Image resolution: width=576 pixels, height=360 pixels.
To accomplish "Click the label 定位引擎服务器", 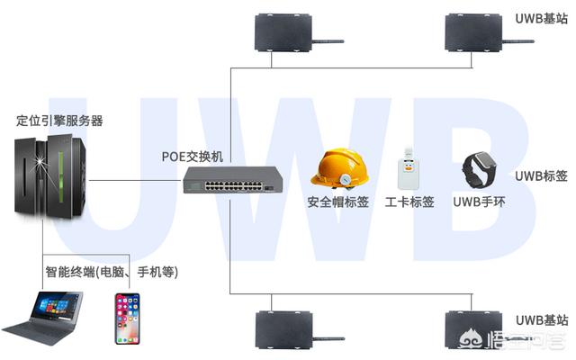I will (x=59, y=120).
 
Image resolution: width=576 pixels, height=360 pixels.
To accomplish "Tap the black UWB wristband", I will (x=478, y=169).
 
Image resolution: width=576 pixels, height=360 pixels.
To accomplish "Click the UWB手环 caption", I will (x=479, y=202).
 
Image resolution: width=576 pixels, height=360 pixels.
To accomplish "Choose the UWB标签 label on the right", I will (x=541, y=175).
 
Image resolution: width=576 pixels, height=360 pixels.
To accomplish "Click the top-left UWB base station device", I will (x=283, y=31).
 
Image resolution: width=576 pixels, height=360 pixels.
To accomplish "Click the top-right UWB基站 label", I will (x=541, y=18).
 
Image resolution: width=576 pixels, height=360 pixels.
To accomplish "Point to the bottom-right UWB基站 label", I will (x=541, y=319).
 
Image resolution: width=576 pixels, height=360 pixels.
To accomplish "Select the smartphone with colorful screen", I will (x=127, y=318).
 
